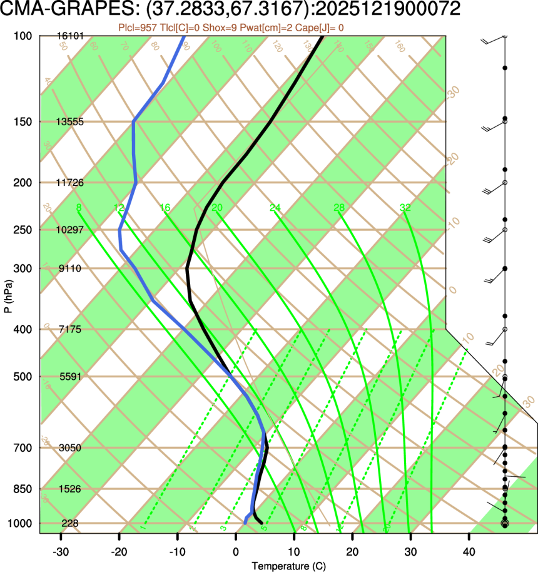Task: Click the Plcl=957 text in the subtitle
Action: (x=138, y=28)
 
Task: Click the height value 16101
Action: (x=69, y=36)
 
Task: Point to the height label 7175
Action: (x=69, y=329)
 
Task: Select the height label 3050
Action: (x=69, y=448)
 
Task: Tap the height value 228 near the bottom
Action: (x=69, y=523)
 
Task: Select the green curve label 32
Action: (x=405, y=208)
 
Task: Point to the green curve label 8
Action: (x=78, y=208)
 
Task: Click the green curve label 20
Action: (x=217, y=208)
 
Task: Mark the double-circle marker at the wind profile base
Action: (x=505, y=523)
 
